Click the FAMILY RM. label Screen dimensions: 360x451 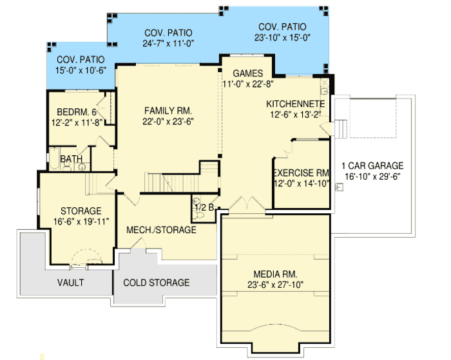pyautogui.click(x=169, y=110)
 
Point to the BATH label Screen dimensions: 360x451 pyautogui.click(x=71, y=159)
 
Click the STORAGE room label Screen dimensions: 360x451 pyautogui.click(x=81, y=211)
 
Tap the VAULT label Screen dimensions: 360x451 pyautogui.click(x=70, y=283)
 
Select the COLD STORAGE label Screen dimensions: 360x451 pyautogui.click(x=157, y=283)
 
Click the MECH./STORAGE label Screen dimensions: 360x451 pyautogui.click(x=162, y=229)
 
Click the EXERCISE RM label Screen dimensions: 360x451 pyautogui.click(x=302, y=173)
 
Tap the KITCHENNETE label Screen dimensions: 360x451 pyautogui.click(x=296, y=104)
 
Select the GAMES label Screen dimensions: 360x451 pyautogui.click(x=247, y=73)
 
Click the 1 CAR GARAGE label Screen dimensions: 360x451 pyautogui.click(x=372, y=165)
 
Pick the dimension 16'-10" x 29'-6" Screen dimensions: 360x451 pyautogui.click(x=372, y=176)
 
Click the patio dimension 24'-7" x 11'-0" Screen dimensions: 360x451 pyautogui.click(x=168, y=44)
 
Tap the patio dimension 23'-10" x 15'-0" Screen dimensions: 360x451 pyautogui.click(x=282, y=37)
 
